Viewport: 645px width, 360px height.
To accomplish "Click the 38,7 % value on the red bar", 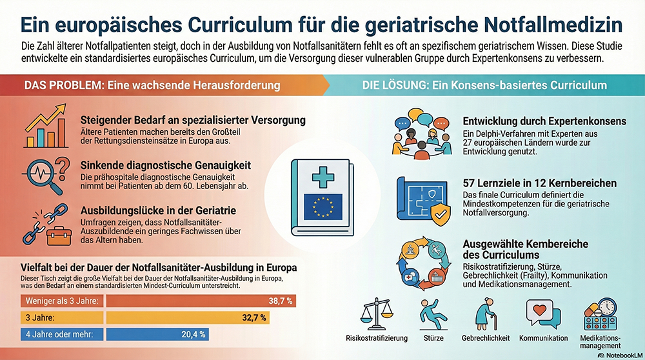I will pos(281,301).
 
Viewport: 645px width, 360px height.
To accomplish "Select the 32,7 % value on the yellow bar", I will pos(254,317).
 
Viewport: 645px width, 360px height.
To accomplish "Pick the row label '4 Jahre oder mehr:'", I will pos(57,334).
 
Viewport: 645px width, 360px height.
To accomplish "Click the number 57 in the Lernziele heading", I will pos(470,183).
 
